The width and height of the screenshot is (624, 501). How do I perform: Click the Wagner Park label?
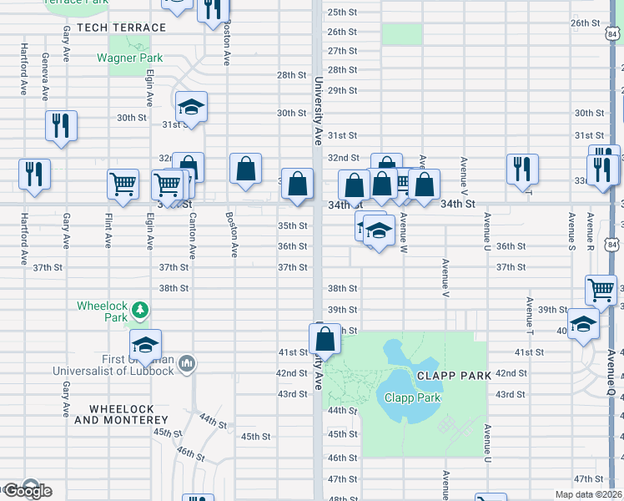(129, 58)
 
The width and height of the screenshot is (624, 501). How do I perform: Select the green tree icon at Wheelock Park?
(141, 311)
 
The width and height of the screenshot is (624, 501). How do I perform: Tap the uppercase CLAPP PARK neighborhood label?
(455, 376)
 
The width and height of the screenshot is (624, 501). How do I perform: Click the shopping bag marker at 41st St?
(325, 338)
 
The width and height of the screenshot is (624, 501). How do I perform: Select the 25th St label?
(342, 13)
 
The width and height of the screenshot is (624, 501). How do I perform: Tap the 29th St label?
(342, 90)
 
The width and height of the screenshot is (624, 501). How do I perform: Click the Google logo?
(27, 490)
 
